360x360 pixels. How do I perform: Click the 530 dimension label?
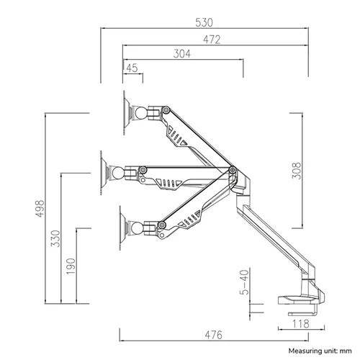[204, 22]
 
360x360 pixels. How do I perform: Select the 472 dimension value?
[212, 40]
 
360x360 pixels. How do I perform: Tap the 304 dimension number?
[182, 54]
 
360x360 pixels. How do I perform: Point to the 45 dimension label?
[132, 68]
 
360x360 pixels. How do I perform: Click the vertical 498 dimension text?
[40, 209]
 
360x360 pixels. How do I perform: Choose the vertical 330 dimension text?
[55, 238]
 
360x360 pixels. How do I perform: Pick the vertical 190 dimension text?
[71, 266]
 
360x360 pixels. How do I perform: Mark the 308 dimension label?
[296, 171]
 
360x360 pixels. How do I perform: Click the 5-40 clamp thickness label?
[244, 282]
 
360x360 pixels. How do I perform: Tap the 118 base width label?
[301, 324]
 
